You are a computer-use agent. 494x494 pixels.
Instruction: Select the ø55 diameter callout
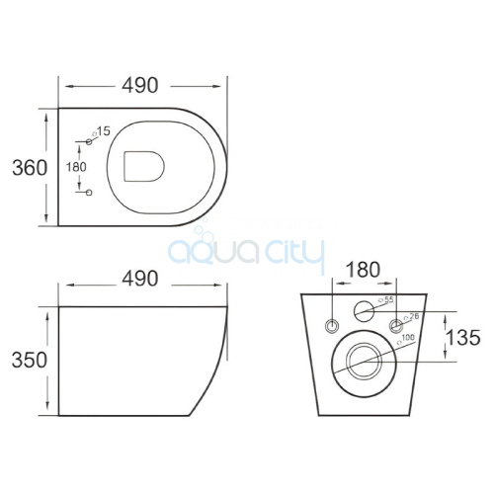coord(388,299)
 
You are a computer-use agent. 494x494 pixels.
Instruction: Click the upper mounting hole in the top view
coord(88,144)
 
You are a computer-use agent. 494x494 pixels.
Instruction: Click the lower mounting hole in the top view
coord(88,191)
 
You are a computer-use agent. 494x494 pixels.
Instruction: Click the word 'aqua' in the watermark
coord(204,254)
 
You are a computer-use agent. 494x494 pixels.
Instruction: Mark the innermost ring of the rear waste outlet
coord(364,361)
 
